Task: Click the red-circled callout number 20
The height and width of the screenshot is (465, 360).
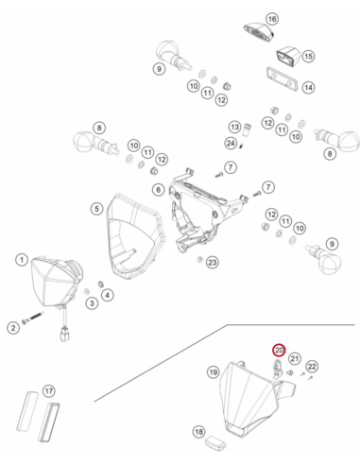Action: pos(279,350)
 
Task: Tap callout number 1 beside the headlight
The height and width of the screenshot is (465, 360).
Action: pos(22,260)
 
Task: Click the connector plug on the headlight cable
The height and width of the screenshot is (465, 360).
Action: pos(65,335)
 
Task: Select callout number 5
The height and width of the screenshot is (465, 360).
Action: pos(96,209)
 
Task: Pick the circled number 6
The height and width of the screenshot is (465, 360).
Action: pos(159,190)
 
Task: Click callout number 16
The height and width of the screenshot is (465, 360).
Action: pos(272,19)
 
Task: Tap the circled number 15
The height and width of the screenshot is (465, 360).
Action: pos(308,56)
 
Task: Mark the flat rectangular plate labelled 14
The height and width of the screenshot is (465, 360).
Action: pos(283,78)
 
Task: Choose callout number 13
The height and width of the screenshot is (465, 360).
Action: pos(234,127)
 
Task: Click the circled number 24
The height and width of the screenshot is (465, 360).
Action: pos(231,144)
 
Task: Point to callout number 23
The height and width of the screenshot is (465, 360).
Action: pos(213,263)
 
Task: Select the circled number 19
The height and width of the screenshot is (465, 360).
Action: pos(214,372)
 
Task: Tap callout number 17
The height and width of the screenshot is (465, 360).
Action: pos(49,391)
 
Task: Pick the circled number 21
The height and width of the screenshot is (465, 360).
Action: pos(295,358)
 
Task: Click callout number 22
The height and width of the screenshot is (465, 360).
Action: pos(312,367)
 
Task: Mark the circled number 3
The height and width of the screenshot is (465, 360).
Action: pos(92,303)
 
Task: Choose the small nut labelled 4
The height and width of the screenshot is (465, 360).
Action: pos(101,284)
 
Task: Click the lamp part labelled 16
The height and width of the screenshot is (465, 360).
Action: pos(259,33)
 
